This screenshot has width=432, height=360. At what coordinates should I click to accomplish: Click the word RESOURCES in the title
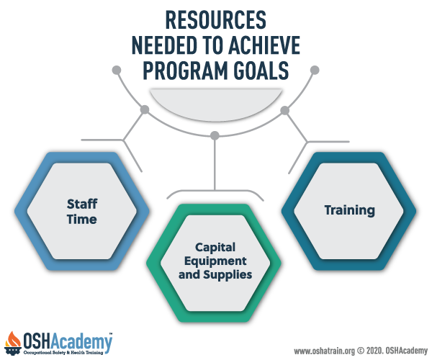(216, 20)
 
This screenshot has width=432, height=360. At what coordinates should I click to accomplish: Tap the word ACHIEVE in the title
(264, 45)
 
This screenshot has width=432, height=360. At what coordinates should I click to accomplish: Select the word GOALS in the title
(261, 71)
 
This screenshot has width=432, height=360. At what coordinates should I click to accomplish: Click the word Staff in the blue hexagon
(82, 204)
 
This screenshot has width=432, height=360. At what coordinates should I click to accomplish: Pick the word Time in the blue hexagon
(82, 220)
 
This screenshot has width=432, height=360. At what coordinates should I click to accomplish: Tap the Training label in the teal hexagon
(350, 211)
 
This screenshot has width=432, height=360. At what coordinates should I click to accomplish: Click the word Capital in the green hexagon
(215, 248)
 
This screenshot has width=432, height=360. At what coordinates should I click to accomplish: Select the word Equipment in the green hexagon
(215, 261)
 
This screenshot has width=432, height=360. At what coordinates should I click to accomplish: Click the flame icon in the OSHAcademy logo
(13, 340)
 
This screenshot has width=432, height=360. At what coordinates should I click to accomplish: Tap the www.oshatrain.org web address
(325, 351)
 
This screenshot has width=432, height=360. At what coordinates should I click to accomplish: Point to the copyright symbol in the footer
(361, 351)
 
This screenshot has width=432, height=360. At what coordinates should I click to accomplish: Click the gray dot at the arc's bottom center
(215, 135)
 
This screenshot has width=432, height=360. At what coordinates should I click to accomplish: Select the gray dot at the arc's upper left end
(117, 70)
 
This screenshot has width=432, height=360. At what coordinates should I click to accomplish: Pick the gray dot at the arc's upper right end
(315, 70)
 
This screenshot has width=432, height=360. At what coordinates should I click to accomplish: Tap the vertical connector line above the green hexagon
(215, 165)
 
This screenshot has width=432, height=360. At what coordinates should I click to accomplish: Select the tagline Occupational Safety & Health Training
(63, 353)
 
